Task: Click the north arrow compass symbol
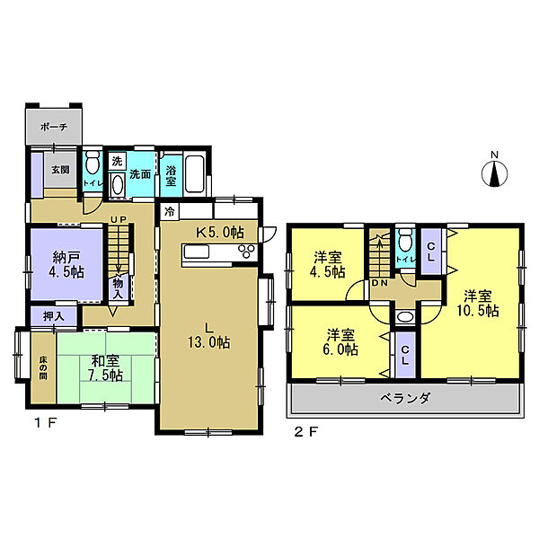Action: click(494, 173)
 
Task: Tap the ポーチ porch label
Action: click(54, 127)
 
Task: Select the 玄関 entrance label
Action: click(60, 170)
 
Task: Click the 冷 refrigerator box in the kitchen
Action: click(169, 212)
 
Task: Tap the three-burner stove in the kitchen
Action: click(248, 251)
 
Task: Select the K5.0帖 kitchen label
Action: click(220, 232)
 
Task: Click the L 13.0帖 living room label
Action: click(208, 336)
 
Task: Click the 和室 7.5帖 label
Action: click(105, 368)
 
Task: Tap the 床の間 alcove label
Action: click(43, 367)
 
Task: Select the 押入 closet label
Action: click(54, 316)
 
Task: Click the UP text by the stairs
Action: click(119, 219)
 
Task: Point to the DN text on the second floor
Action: click(380, 283)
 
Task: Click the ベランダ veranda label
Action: click(405, 399)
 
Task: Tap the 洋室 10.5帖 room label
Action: click(478, 304)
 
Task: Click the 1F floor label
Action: click(45, 423)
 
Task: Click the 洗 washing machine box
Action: click(117, 161)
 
